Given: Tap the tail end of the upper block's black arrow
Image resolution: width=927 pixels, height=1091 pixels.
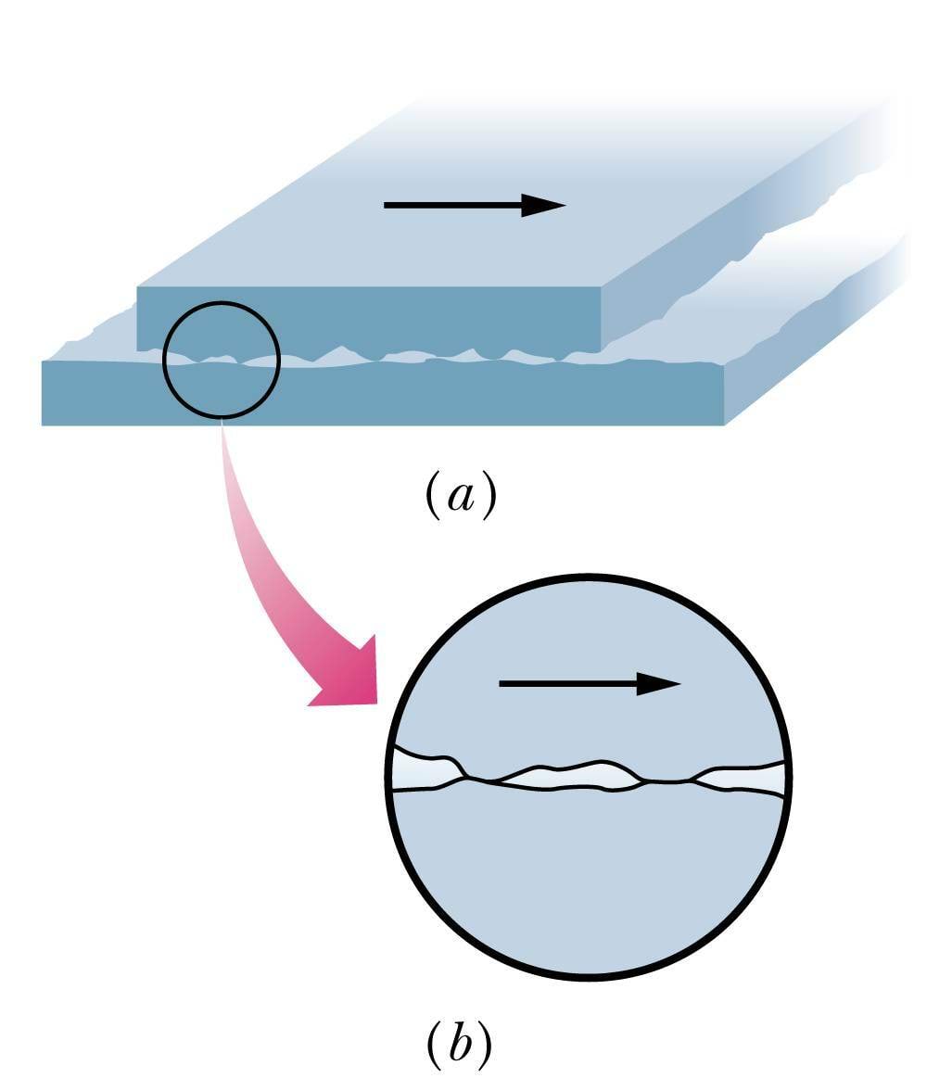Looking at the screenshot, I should pyautogui.click(x=387, y=205).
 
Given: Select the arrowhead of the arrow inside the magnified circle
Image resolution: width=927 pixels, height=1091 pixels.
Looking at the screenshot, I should pyautogui.click(x=659, y=684).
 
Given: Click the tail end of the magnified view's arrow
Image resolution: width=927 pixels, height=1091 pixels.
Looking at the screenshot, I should pyautogui.click(x=502, y=684).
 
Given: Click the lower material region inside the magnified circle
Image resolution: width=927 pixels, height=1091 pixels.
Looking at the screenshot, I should pyautogui.click(x=589, y=881).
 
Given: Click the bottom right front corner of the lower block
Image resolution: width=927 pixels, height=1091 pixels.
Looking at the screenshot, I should pyautogui.click(x=723, y=425).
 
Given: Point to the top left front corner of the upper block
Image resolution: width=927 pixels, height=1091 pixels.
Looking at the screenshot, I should pyautogui.click(x=137, y=287).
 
